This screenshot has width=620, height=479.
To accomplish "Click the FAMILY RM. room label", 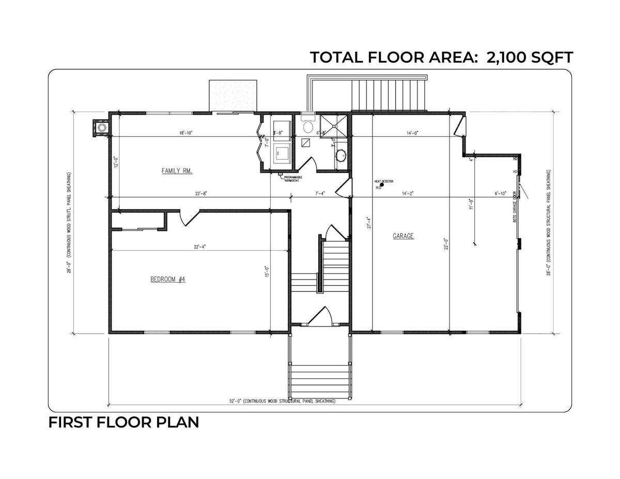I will (x=177, y=171).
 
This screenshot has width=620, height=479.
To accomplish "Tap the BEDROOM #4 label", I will (x=167, y=279).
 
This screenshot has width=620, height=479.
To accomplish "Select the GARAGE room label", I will (x=403, y=236).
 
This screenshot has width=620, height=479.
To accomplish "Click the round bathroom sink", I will (x=341, y=154).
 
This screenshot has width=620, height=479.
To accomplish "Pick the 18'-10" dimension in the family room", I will (x=185, y=133).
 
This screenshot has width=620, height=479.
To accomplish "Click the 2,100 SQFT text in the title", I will (x=529, y=57).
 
